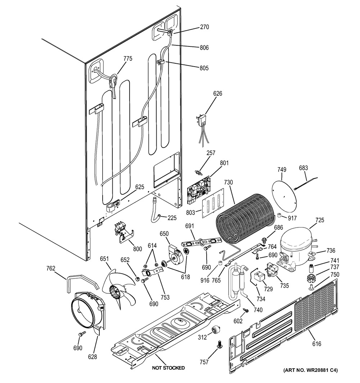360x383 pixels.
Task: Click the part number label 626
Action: click(x=217, y=94)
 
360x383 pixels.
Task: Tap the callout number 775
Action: click(x=128, y=59)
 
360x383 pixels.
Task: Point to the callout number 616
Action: click(x=317, y=344)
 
